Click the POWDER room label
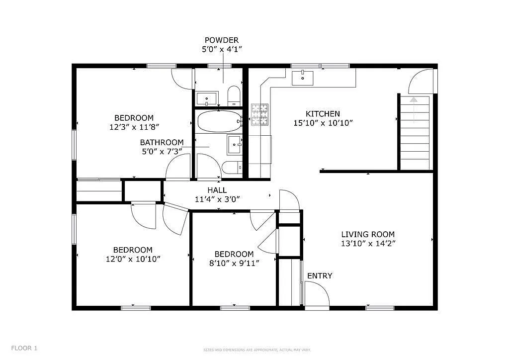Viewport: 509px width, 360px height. pos(222,40)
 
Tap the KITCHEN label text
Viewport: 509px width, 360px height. pos(323,114)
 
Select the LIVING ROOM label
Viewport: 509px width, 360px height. pos(368,234)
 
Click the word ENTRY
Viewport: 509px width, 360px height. pos(320,276)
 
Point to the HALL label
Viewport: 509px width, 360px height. pos(217,190)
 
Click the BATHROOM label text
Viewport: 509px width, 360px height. pos(162,142)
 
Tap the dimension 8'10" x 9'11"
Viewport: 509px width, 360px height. pos(234,263)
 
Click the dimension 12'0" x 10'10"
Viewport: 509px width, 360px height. pos(133,259)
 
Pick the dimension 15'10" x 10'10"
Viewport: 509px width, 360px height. pos(323,123)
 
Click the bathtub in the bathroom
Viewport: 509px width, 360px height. pos(218,121)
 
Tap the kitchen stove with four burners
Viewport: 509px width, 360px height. pos(259,114)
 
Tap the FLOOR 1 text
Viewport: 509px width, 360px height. pos(24,348)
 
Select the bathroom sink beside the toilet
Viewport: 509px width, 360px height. pos(234,145)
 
